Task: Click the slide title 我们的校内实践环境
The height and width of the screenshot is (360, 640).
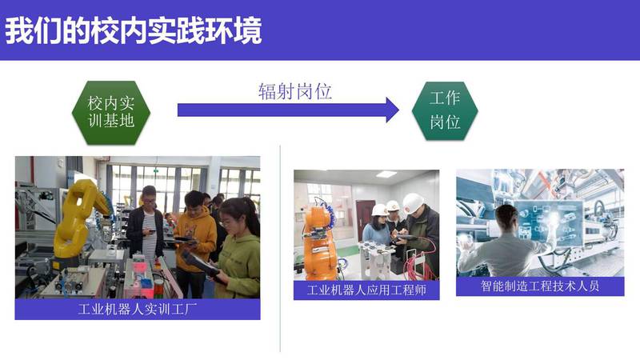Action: point(133,31)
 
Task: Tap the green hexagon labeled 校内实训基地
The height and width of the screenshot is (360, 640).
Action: point(111,112)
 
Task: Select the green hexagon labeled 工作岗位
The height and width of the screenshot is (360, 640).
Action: point(445,110)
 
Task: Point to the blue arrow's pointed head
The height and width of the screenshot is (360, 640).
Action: point(398,110)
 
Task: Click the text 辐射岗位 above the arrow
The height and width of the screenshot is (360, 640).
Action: point(295,91)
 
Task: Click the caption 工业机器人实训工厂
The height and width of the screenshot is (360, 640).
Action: point(138,309)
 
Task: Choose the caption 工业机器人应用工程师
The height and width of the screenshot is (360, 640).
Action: point(366,290)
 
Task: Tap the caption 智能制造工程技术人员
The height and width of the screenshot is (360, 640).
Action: point(540,286)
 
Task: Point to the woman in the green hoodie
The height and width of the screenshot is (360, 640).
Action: point(238,249)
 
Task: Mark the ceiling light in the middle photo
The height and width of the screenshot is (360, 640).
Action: point(386,174)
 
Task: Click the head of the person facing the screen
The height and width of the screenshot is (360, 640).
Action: point(506,216)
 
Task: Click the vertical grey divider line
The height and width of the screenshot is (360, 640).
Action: point(280,248)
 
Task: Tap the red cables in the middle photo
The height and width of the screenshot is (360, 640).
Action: point(416,262)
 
